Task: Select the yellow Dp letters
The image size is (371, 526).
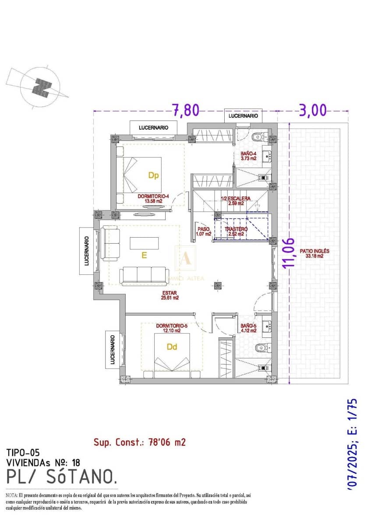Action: coord(153,175)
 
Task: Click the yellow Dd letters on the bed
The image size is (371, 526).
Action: coord(172,347)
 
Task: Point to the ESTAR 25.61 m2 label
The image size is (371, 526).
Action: coord(171,295)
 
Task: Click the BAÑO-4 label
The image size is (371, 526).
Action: coord(248,156)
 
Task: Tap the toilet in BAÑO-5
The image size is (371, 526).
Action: coord(261,348)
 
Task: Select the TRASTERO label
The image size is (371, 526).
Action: coord(236,231)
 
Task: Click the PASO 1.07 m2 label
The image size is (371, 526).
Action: coord(204,231)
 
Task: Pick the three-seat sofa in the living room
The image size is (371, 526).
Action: coord(144,274)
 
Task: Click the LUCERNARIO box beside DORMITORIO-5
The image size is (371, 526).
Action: coord(113,349)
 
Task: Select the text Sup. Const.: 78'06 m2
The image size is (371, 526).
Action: coord(139,442)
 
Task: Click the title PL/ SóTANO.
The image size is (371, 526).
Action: coord(62,476)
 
